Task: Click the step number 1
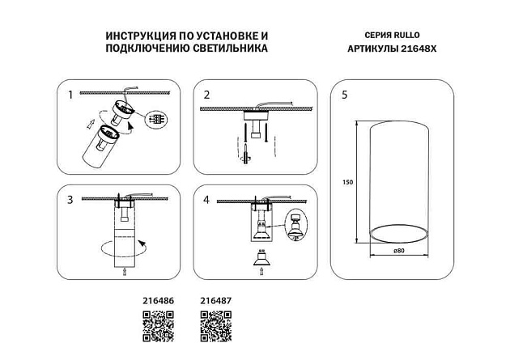click(x=70, y=95)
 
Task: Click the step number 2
click(x=206, y=95)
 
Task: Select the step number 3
click(x=70, y=199)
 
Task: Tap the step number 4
click(x=206, y=199)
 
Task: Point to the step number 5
click(x=345, y=95)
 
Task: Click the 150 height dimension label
click(x=349, y=181)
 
